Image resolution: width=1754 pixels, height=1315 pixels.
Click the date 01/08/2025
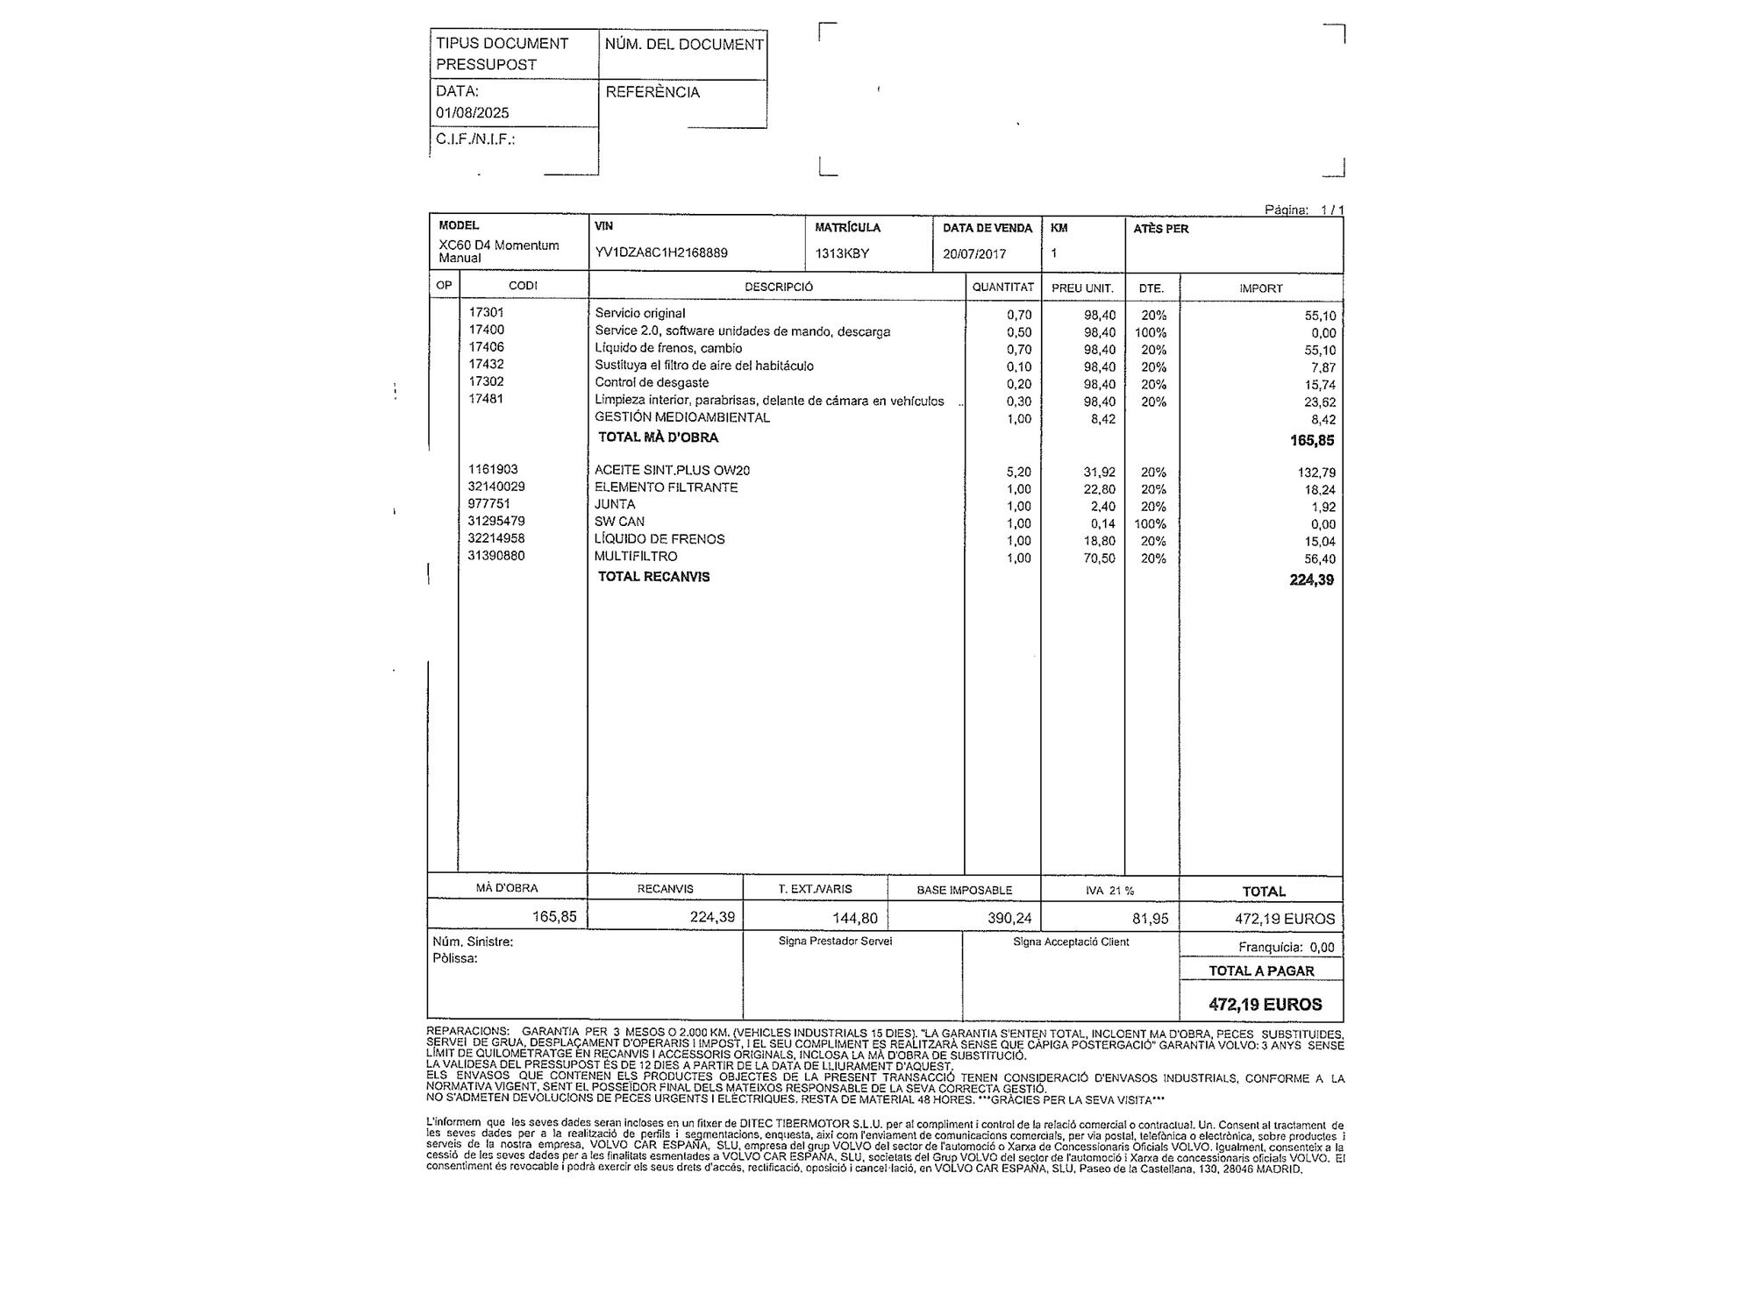pos(472,112)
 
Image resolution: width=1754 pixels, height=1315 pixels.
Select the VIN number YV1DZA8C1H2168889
pos(661,252)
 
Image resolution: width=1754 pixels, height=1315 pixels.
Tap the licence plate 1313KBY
pos(842,253)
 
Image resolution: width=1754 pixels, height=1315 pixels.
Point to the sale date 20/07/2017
pos(974,253)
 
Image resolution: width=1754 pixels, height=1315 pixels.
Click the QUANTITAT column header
pos(1002,287)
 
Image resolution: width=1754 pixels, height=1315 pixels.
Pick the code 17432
pos(486,364)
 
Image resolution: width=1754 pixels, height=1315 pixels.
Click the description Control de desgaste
pos(652,382)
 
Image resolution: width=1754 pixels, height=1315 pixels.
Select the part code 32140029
pos(496,487)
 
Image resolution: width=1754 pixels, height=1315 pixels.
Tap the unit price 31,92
pos(1099,472)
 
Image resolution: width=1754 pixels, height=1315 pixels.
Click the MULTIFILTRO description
pos(636,557)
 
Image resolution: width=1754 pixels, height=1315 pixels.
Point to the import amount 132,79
pos(1316,473)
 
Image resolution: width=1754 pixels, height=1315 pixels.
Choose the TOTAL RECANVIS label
pos(653,577)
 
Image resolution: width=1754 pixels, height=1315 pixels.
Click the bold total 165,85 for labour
pos(1311,440)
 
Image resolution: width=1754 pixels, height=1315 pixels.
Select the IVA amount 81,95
pos(1150,919)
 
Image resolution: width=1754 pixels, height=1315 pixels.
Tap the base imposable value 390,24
pos(1009,919)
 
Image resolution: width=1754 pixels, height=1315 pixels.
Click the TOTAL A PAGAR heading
pos(1261,970)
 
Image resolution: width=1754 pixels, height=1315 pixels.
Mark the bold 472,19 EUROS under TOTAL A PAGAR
pos(1265,1005)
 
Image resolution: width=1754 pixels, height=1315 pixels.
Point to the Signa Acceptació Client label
pos(1071,942)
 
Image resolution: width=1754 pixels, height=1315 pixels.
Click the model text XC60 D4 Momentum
pos(499,245)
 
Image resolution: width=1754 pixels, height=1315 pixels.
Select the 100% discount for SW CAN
pos(1153,524)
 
